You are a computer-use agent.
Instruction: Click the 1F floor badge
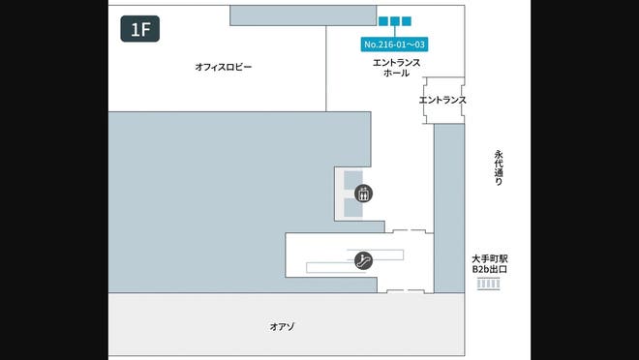(x=139, y=29)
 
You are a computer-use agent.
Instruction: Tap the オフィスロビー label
(x=223, y=67)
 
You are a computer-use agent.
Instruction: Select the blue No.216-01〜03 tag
(x=395, y=45)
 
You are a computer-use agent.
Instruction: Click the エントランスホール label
(x=397, y=67)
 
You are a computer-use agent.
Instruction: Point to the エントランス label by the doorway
(x=442, y=100)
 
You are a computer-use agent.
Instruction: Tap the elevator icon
(x=364, y=193)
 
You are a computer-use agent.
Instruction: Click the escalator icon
(x=364, y=259)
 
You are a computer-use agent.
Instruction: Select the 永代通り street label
(x=500, y=167)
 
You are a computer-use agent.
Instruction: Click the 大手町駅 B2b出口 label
(x=490, y=264)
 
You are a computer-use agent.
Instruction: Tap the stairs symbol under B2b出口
(x=490, y=285)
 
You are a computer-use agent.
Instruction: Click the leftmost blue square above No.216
(x=383, y=20)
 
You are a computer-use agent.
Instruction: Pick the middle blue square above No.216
(x=395, y=20)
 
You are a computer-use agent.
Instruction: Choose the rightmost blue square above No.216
(x=407, y=20)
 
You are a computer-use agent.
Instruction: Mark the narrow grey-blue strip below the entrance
(x=448, y=208)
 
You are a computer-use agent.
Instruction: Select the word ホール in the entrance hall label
(x=397, y=73)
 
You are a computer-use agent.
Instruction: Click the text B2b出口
(x=490, y=270)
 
